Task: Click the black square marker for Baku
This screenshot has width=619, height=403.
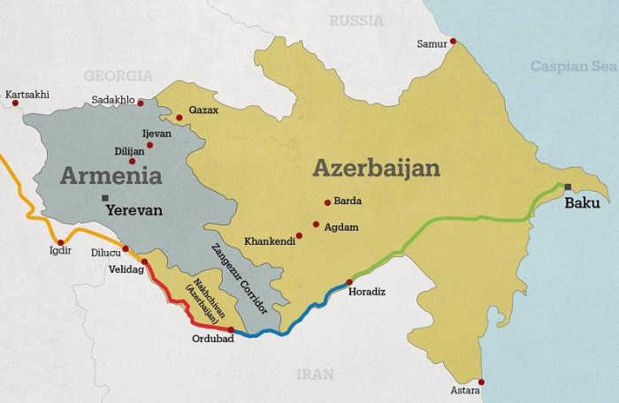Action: (x=568, y=186)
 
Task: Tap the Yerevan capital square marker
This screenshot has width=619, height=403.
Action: (x=105, y=197)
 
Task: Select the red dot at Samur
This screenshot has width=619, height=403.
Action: (x=453, y=41)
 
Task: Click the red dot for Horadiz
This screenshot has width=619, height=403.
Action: (x=349, y=282)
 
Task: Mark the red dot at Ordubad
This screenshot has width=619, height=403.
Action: (x=231, y=330)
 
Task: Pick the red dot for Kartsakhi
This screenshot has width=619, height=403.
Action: (x=15, y=103)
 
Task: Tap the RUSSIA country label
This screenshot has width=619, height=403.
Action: (x=357, y=19)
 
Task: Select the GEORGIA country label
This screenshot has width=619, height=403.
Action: (x=118, y=76)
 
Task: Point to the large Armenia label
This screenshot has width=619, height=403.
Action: (x=111, y=175)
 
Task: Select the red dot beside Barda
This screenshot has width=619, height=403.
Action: (x=327, y=201)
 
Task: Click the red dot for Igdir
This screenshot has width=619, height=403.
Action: (x=60, y=242)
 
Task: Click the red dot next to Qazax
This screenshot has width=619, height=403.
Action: (x=179, y=117)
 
